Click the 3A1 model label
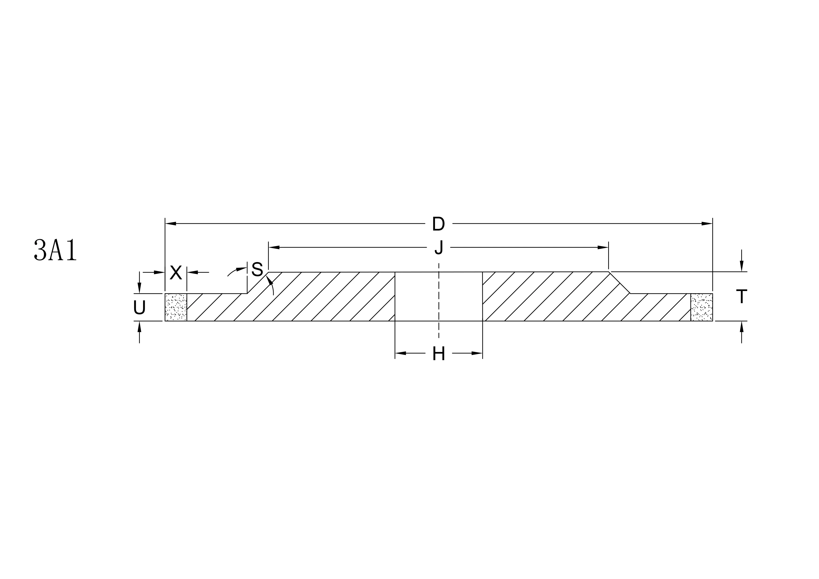[55, 250]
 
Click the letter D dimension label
[438, 224]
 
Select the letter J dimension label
[439, 248]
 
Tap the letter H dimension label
[438, 354]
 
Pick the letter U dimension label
[139, 308]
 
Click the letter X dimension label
[176, 273]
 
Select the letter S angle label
[257, 269]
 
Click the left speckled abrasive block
[176, 307]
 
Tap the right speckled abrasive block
[701, 307]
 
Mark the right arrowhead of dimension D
[707, 224]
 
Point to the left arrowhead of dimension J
[274, 247]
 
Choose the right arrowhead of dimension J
[603, 247]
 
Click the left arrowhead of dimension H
[401, 353]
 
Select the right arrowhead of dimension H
[477, 353]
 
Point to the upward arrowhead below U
[139, 327]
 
